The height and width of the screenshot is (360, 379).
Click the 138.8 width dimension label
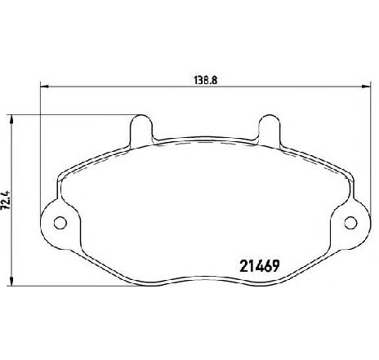click(x=206, y=81)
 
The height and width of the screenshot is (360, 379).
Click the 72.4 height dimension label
click(x=5, y=200)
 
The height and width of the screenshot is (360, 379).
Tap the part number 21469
click(x=260, y=266)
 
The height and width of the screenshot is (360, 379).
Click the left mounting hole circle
click(x=60, y=223)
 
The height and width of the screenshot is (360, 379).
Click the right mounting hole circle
click(x=350, y=223)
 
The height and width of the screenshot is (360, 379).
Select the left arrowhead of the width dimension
click(x=44, y=87)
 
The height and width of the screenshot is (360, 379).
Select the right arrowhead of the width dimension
click(x=367, y=87)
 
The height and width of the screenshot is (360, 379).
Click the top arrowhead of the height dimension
click(x=11, y=119)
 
